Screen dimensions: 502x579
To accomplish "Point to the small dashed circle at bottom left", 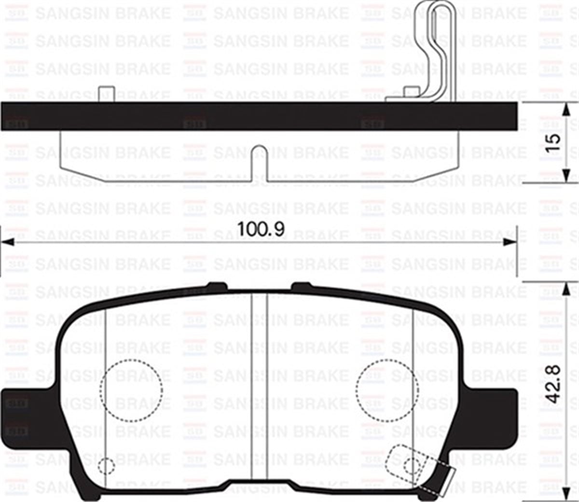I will coord(106,466).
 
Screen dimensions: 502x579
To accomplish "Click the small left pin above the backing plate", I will coord(106,94).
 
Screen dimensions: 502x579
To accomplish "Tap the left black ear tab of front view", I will coord(19,415).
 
